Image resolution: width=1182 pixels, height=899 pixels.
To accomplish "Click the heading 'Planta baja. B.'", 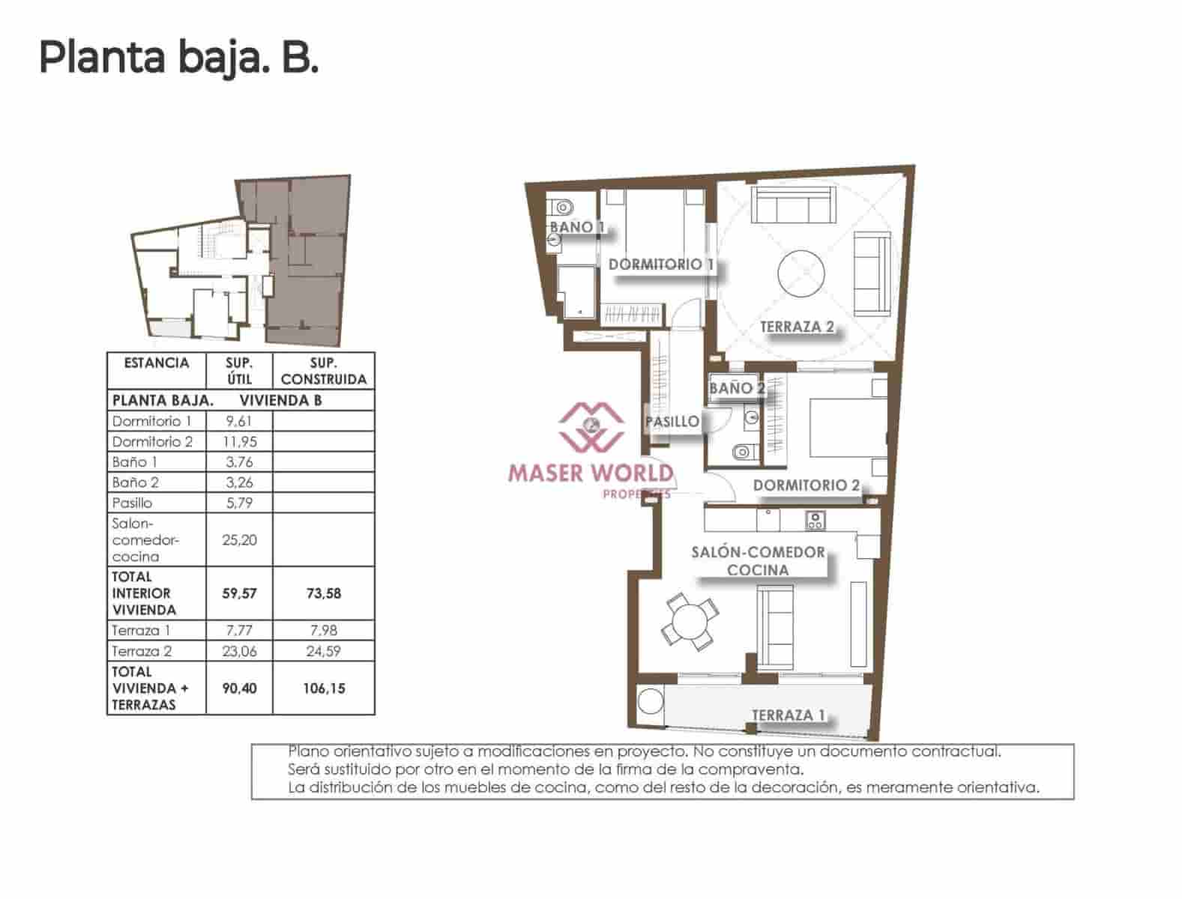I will tap(178, 57).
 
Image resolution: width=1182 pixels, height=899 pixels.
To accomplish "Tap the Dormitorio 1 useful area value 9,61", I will tap(239, 421).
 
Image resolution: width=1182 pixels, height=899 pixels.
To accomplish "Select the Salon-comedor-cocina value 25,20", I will tap(239, 540).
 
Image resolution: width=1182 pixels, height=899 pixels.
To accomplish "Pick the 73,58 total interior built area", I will tap(323, 593).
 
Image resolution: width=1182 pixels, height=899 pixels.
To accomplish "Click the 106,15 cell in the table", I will tap(323, 688).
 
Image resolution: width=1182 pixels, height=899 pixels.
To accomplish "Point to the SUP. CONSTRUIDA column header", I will tap(323, 371).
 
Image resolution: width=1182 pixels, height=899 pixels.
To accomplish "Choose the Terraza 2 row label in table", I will tap(142, 651).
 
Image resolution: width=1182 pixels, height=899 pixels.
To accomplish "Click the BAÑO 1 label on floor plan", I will tap(576, 227).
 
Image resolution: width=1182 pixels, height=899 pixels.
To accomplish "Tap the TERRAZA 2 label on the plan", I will tap(796, 327).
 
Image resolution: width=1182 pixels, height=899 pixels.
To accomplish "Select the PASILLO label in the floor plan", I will tap(672, 422).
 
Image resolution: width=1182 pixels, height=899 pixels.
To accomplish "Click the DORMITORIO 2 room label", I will tap(806, 485).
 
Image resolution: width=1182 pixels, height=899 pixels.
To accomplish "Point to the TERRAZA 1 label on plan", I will tap(787, 715).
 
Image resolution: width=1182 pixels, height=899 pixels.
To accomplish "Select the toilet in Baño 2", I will tap(741, 452).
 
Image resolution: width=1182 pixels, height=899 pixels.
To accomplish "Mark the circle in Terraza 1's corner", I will tap(651, 702).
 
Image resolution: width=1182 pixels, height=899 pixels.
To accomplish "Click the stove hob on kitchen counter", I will tap(815, 519).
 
